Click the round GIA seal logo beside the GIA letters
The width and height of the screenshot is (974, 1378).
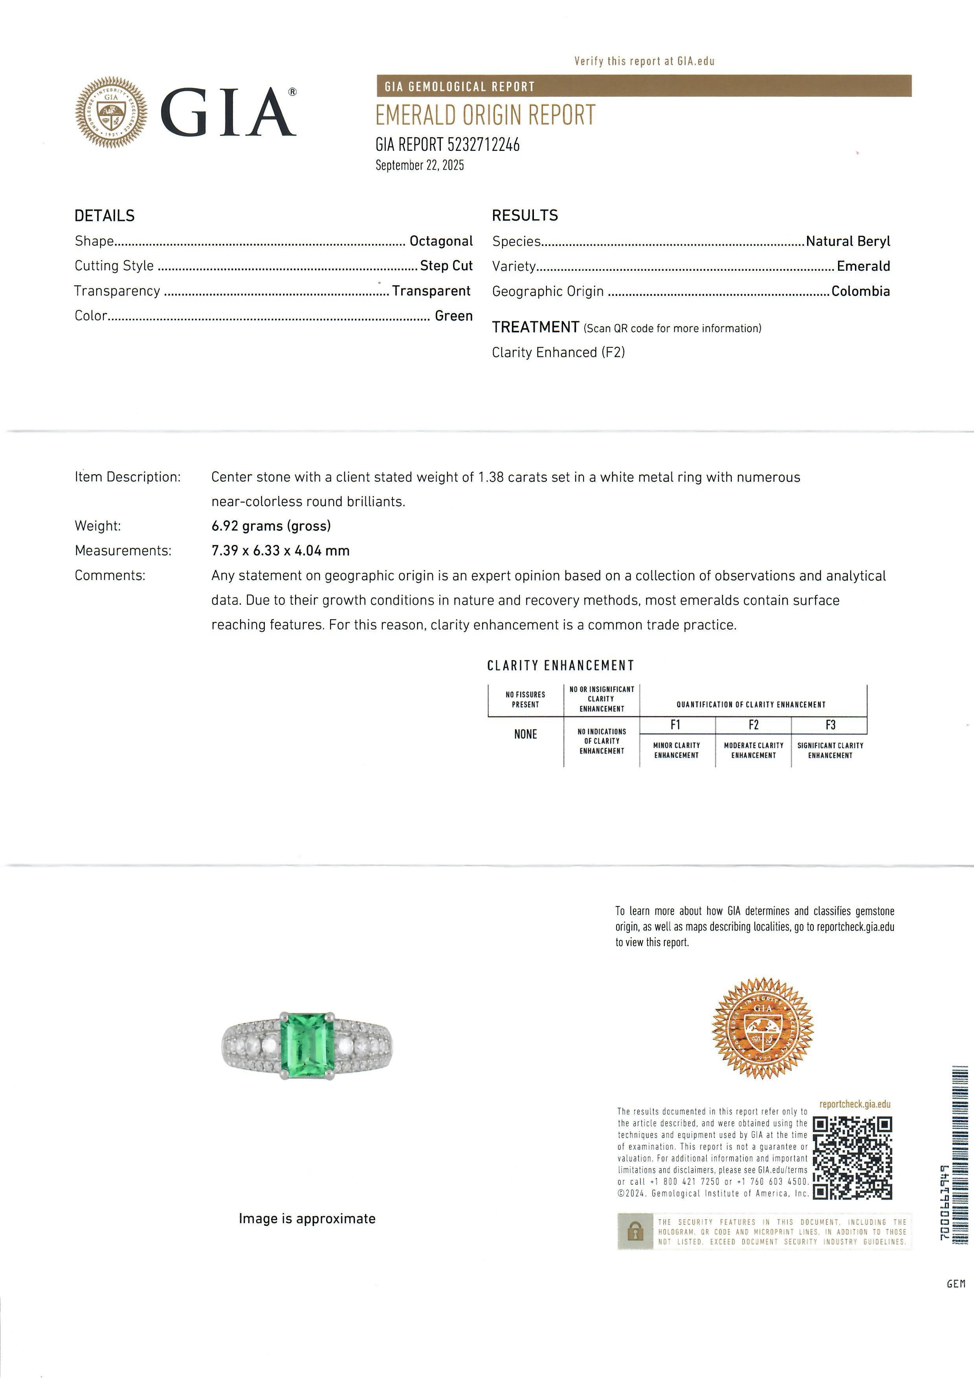coord(111,113)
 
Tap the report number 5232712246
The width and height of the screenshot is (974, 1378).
coord(483,145)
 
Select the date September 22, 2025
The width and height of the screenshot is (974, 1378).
coord(420,166)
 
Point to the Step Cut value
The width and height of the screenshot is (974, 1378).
coord(446,266)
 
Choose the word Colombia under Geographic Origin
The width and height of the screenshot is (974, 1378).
coord(860,292)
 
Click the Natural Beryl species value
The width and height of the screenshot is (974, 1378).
coord(847,241)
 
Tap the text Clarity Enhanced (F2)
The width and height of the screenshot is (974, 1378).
coord(558,352)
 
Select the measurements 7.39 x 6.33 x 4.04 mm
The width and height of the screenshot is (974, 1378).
coord(280,550)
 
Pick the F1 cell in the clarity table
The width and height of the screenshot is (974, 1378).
coord(676,725)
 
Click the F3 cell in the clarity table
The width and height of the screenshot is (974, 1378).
coord(830,725)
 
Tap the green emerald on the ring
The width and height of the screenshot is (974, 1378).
coord(307,1045)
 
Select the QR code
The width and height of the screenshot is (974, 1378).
coord(852,1158)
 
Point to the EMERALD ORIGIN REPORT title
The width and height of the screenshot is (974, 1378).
coord(485,115)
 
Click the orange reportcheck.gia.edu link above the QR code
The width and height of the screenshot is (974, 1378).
coord(855,1104)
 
